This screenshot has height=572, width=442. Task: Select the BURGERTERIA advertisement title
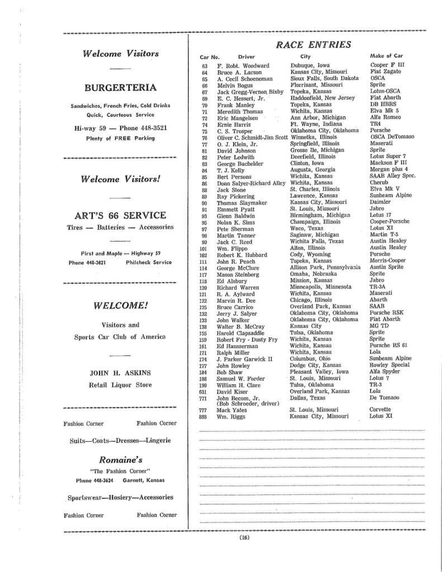(x=120, y=88)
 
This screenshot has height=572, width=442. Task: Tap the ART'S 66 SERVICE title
(x=120, y=215)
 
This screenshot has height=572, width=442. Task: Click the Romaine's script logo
(x=120, y=460)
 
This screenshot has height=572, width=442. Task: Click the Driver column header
(x=246, y=57)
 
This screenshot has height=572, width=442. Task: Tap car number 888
(x=204, y=417)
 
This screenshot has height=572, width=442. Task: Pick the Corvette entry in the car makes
(x=382, y=409)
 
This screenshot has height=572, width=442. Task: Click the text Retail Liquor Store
(x=120, y=384)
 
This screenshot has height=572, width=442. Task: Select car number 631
(x=204, y=391)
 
